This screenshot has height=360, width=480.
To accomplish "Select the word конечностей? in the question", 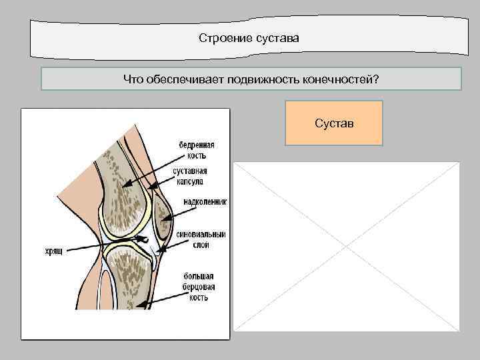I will coord(343,79).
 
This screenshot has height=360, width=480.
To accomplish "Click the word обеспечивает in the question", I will coord(186,79).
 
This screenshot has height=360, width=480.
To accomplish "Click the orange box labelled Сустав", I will coord(334,123).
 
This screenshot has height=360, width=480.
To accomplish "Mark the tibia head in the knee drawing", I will coord(130,270).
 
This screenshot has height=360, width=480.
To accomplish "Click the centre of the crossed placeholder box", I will coord(346,246).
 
